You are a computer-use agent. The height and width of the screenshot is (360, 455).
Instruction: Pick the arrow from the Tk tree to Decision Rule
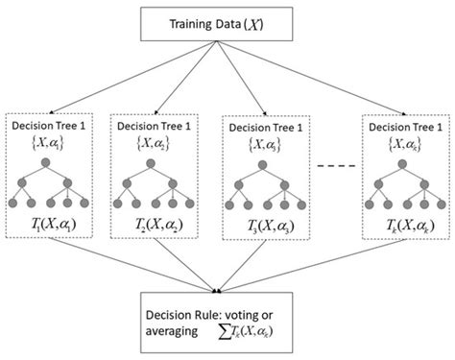tap(317, 274)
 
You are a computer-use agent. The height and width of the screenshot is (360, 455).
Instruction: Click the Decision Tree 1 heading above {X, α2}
tap(156, 125)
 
